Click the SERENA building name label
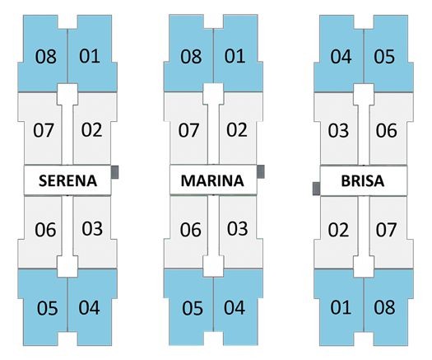click(67, 180)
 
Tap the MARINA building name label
click(212, 180)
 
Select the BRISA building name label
click(363, 181)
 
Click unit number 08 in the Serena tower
click(46, 57)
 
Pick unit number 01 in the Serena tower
click(89, 56)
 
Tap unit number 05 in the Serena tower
click(48, 308)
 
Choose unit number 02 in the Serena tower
click(91, 129)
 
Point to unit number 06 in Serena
click(45, 230)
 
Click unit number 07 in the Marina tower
click(188, 130)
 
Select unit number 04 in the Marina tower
click(235, 307)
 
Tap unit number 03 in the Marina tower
click(237, 229)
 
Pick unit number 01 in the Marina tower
click(235, 56)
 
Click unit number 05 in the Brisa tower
click(384, 57)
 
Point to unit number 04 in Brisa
click(341, 57)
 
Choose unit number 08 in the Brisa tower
click(384, 307)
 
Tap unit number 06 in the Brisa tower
click(386, 130)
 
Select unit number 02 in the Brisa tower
click(338, 230)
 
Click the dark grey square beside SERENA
click(115, 172)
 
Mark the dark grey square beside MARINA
click(261, 171)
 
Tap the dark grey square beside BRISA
click(316, 189)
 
